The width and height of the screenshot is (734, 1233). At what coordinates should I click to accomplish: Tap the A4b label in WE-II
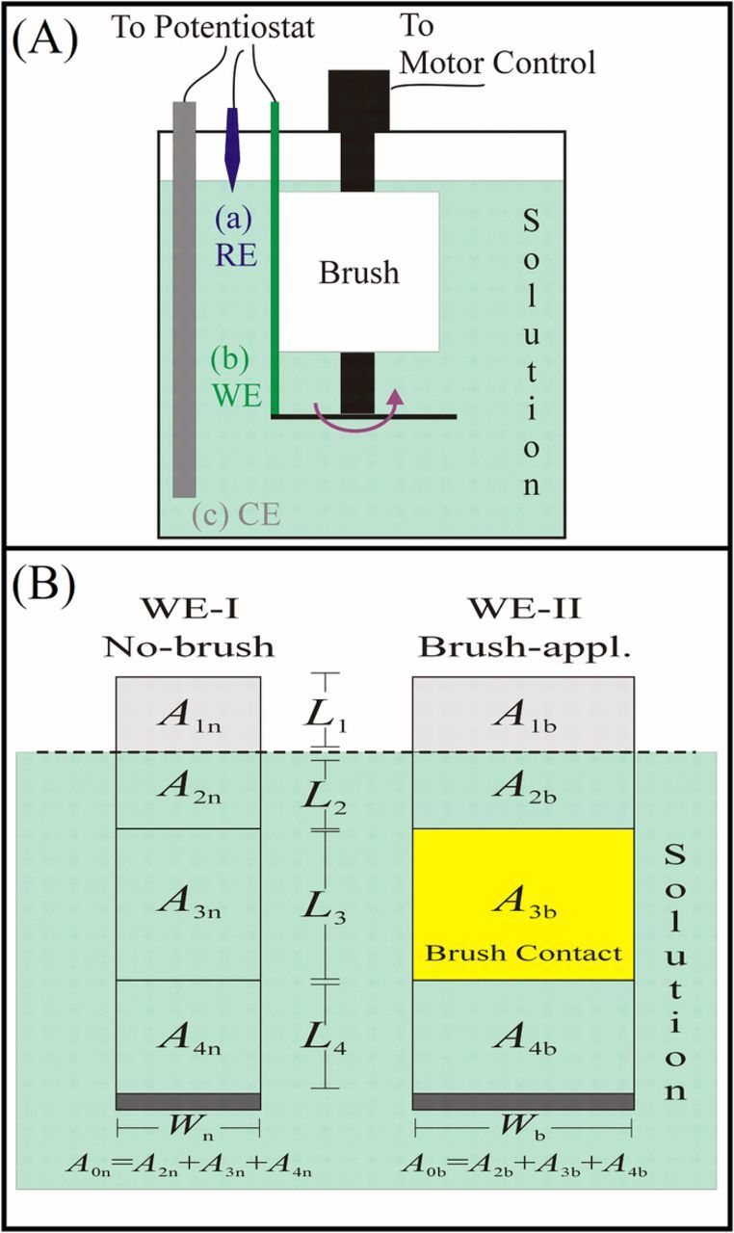pyautogui.click(x=522, y=1038)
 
